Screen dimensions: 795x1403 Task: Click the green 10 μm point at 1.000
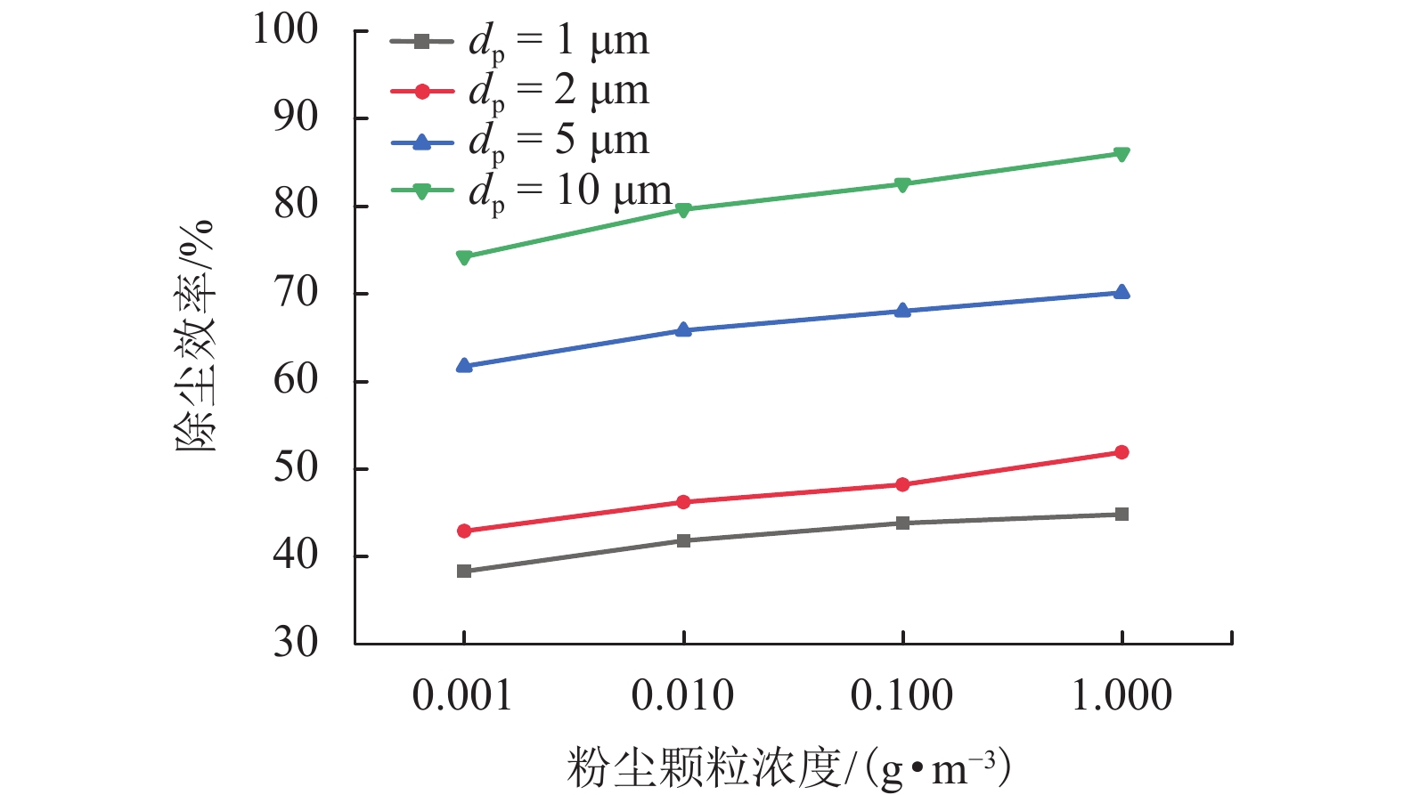pyautogui.click(x=1122, y=155)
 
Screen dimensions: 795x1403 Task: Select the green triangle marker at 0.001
pyautogui.click(x=464, y=258)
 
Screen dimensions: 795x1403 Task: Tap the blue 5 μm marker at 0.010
pyautogui.click(x=683, y=330)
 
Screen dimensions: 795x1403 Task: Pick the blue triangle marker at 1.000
pyautogui.click(x=1122, y=292)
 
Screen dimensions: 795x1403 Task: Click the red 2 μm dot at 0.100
pyautogui.click(x=902, y=484)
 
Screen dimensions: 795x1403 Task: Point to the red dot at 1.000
pyautogui.click(x=1122, y=452)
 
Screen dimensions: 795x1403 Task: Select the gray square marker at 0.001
pyautogui.click(x=464, y=571)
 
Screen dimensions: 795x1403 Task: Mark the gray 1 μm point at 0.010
pyautogui.click(x=683, y=540)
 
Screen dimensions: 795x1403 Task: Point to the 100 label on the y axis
pyautogui.click(x=285, y=29)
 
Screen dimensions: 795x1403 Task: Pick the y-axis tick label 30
pyautogui.click(x=296, y=642)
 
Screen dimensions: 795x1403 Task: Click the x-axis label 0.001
pyautogui.click(x=462, y=695)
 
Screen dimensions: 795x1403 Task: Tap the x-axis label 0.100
pyautogui.click(x=901, y=695)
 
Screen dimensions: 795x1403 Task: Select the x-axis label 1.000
pyautogui.click(x=1122, y=695)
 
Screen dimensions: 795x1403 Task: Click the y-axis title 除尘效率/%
pyautogui.click(x=195, y=336)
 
